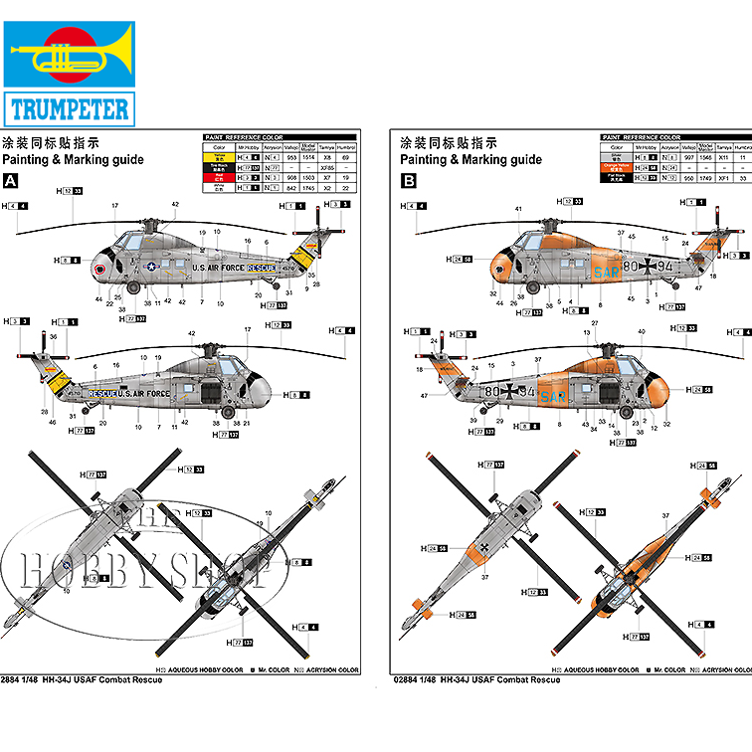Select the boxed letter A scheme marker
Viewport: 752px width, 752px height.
coord(11,181)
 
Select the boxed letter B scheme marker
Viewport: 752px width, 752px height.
coord(408,181)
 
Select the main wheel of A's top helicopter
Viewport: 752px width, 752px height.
coord(134,288)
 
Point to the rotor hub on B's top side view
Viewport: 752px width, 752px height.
coord(549,222)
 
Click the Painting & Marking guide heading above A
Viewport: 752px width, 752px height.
coord(73,159)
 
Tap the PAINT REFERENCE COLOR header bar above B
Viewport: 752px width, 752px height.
coord(642,137)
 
